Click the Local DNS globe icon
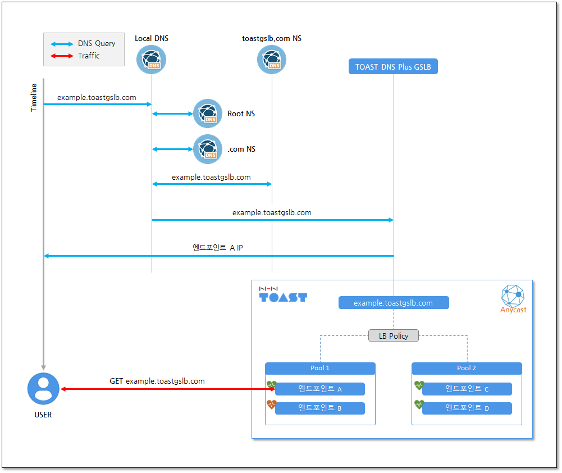click(x=151, y=60)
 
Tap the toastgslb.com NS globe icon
click(x=272, y=60)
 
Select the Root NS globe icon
click(x=208, y=113)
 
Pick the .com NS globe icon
click(x=208, y=149)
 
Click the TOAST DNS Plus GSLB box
click(x=393, y=66)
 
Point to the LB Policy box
click(x=394, y=336)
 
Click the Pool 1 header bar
click(x=320, y=369)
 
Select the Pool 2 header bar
click(x=467, y=369)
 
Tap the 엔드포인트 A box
click(x=320, y=389)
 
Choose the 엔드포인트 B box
click(x=320, y=408)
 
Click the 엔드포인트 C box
click(x=467, y=389)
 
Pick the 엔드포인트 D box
click(x=467, y=408)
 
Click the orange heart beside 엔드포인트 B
click(x=272, y=404)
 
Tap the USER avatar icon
click(x=43, y=389)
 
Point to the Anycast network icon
click(x=513, y=295)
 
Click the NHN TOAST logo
click(x=283, y=294)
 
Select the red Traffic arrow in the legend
click(x=62, y=56)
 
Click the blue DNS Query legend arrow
click(x=62, y=44)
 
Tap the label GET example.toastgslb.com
click(x=157, y=381)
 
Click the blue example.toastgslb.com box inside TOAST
click(x=394, y=303)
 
